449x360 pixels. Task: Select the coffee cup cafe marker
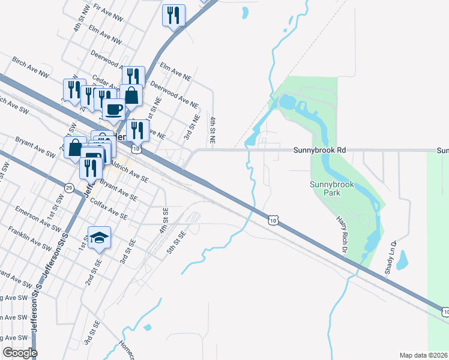tap(114, 110)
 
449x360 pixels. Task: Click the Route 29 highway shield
tap(70, 188)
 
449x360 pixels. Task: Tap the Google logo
tap(19, 353)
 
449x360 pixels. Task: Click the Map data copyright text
tap(423, 355)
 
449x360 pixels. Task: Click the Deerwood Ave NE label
tap(173, 94)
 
